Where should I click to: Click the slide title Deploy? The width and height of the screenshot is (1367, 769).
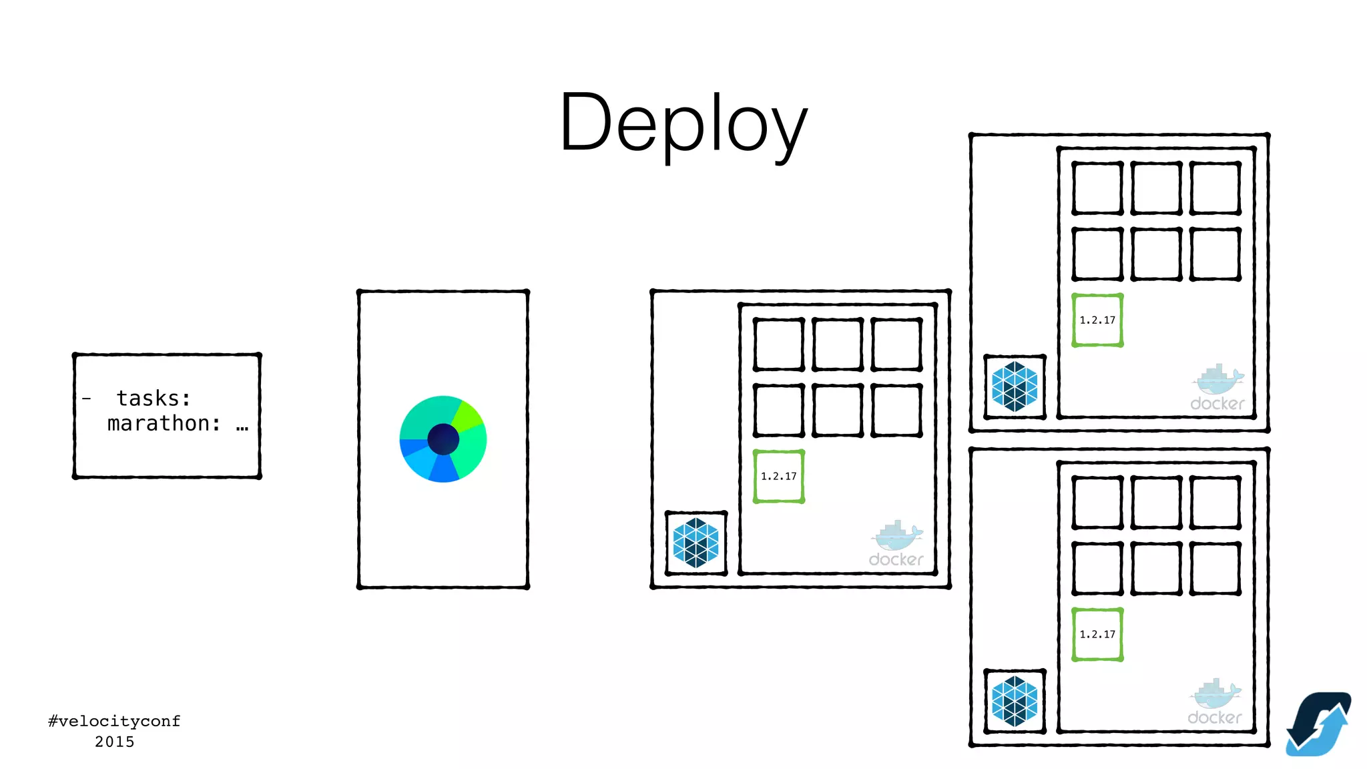tap(683, 124)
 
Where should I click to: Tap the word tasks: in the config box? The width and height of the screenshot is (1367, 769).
tap(154, 399)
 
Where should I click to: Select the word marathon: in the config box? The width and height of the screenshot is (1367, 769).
tap(164, 423)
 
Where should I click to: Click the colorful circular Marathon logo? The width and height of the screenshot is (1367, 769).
tap(443, 439)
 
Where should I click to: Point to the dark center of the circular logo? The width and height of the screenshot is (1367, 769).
tap(443, 439)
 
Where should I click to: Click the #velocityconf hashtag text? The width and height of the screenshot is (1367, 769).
tap(114, 721)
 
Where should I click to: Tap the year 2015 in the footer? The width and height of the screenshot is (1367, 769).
tap(114, 742)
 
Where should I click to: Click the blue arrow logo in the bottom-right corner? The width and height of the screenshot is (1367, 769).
tap(1318, 724)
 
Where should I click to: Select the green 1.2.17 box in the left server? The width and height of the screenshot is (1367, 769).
tap(778, 476)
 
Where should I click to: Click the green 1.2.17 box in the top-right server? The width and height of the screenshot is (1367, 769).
tap(1097, 320)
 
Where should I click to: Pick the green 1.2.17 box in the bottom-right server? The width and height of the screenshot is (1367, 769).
tap(1097, 634)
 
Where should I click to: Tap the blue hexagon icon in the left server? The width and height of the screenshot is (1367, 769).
tap(696, 543)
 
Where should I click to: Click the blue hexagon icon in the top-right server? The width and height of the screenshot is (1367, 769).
tap(1015, 387)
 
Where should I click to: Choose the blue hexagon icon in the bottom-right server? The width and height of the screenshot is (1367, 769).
tap(1015, 701)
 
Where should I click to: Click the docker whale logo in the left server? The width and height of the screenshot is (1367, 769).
tap(896, 544)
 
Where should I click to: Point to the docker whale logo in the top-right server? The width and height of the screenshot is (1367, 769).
tap(1217, 388)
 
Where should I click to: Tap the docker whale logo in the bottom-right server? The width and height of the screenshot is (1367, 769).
tap(1215, 702)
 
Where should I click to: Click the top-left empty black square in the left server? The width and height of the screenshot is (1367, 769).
tap(778, 344)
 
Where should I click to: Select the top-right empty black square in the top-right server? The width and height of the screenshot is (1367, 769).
tap(1215, 188)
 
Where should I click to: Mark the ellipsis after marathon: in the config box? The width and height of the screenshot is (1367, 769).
tap(242, 426)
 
